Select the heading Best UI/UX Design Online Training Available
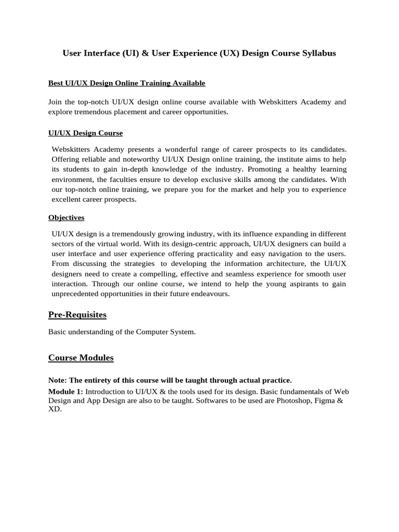coord(127,83)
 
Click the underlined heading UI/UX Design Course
coord(85,133)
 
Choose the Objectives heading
coord(66,217)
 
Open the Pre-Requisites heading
coord(77,315)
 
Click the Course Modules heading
coord(81,358)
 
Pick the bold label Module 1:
coord(65,391)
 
